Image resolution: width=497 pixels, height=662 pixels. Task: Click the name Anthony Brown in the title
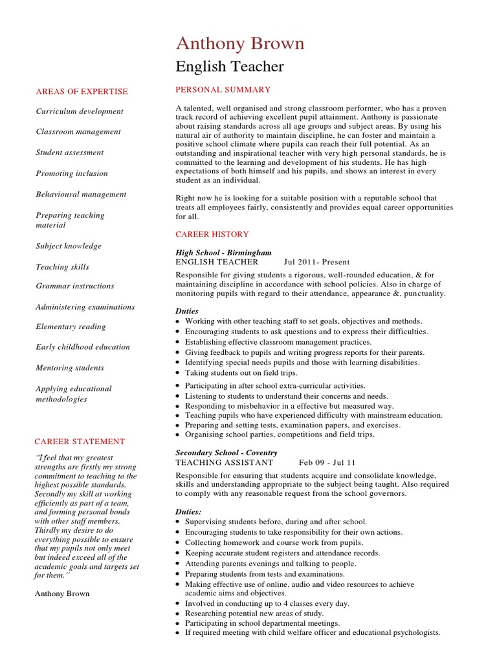(x=240, y=43)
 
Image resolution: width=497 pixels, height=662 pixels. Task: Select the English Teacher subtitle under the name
(x=230, y=67)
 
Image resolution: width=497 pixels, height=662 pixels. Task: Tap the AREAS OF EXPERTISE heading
(x=82, y=92)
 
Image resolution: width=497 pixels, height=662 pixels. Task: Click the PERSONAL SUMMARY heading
(x=223, y=89)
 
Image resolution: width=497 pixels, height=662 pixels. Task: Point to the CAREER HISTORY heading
(x=212, y=234)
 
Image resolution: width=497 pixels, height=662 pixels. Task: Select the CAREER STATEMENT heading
(x=80, y=442)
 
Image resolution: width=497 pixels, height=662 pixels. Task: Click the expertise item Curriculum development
(x=80, y=111)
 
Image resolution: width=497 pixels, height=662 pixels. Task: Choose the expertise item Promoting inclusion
(x=72, y=173)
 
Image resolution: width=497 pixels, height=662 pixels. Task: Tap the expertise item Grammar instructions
(x=75, y=286)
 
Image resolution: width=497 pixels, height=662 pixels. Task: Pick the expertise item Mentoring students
(x=70, y=368)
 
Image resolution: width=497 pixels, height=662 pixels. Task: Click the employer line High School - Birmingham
(x=224, y=252)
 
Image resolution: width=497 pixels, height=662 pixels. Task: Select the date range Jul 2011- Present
(x=316, y=262)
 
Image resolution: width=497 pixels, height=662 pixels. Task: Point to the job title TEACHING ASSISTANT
(x=225, y=463)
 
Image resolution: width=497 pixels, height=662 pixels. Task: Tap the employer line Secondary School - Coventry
(x=226, y=453)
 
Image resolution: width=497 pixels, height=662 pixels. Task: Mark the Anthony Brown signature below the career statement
(x=63, y=593)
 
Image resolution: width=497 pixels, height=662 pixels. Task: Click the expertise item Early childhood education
(x=83, y=347)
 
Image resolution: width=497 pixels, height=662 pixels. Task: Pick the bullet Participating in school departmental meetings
(x=262, y=623)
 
